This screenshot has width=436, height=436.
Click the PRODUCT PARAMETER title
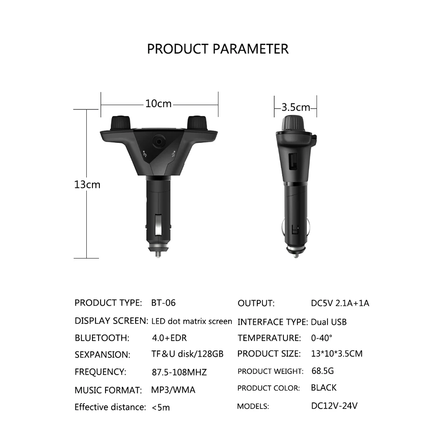point(218,49)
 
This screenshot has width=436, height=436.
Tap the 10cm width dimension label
point(159,104)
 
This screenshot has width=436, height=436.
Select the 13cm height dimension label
point(87,184)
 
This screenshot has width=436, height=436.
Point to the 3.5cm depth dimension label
point(296,107)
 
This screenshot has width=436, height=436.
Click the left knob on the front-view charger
point(120,123)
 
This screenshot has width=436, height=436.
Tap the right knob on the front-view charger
point(198,123)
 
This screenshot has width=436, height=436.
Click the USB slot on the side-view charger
point(293,162)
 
